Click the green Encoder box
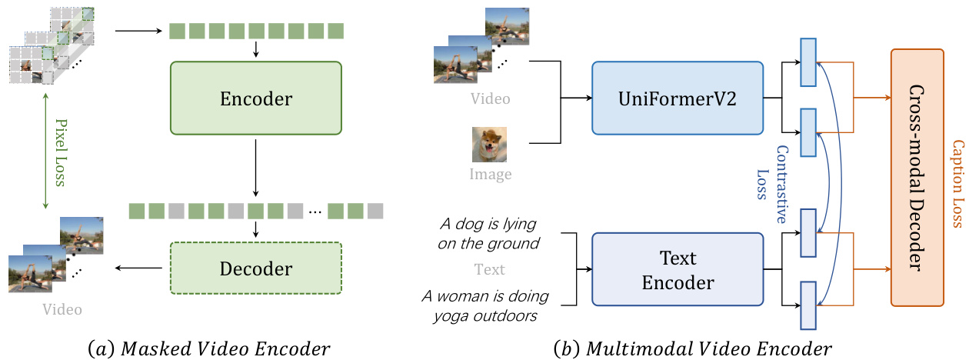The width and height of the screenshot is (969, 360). tap(255, 99)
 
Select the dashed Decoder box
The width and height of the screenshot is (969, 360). tap(255, 268)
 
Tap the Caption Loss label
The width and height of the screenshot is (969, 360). tap(957, 184)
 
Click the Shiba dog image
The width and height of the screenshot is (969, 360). tap(490, 145)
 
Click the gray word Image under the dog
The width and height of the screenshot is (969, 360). tap(490, 175)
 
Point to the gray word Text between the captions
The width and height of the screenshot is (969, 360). tap(490, 269)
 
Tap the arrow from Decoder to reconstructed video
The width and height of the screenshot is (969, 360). tap(139, 268)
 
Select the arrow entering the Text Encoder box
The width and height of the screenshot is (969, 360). tap(583, 271)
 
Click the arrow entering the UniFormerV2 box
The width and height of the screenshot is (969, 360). tap(577, 98)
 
